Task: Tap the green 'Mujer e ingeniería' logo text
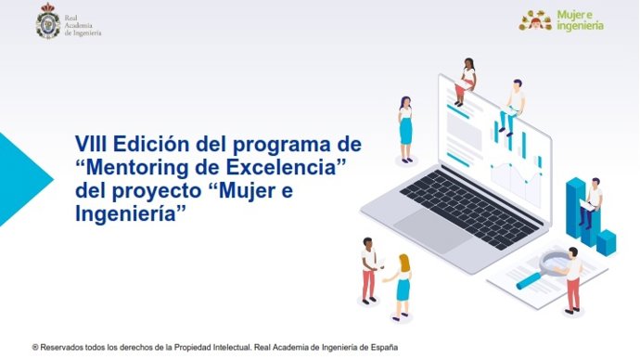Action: (x=581, y=21)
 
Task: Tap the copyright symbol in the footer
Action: (x=34, y=347)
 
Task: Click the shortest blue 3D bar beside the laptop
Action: (x=607, y=241)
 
